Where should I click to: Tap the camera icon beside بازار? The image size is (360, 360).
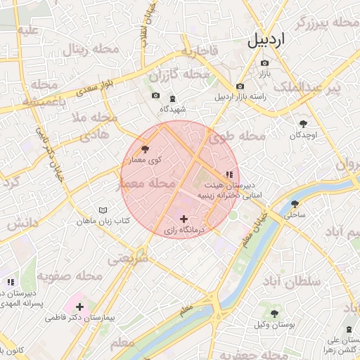pyautogui.click(x=264, y=63)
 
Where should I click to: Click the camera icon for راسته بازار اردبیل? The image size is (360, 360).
pyautogui.click(x=240, y=84)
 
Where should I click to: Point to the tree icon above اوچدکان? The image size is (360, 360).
pyautogui.click(x=303, y=122)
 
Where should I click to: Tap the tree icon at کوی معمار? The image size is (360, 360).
pyautogui.click(x=145, y=149)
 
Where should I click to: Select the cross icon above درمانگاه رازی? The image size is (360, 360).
pyautogui.click(x=184, y=219)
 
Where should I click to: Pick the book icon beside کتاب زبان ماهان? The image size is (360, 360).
pyautogui.click(x=103, y=210)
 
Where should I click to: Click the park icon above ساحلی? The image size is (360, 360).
pyautogui.click(x=294, y=205)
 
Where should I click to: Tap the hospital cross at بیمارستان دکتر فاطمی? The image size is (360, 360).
pyautogui.click(x=80, y=307)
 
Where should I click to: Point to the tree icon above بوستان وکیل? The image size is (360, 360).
pyautogui.click(x=274, y=314)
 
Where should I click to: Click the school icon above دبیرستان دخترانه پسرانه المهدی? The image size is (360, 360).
pyautogui.click(x=10, y=283)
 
